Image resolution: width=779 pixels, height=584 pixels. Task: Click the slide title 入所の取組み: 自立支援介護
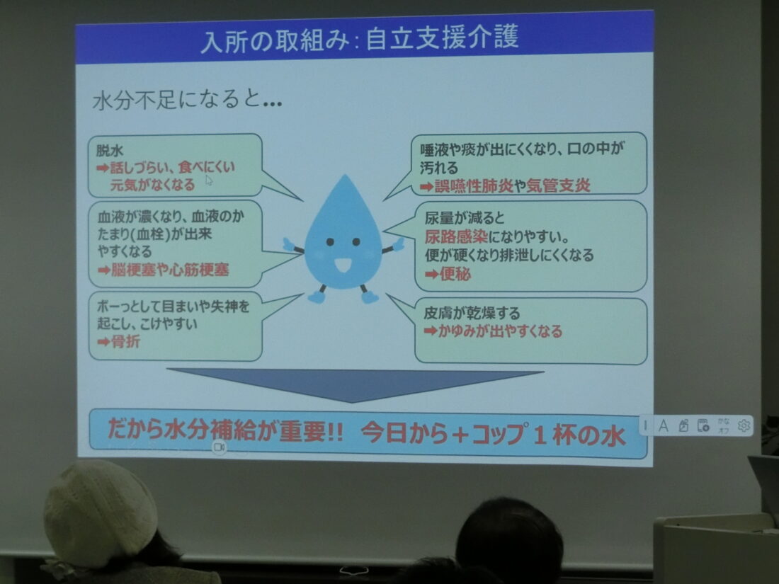pyautogui.click(x=360, y=39)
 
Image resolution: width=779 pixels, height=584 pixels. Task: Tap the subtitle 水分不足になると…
pyautogui.click(x=187, y=100)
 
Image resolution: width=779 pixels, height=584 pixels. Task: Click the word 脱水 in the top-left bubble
pyautogui.click(x=109, y=150)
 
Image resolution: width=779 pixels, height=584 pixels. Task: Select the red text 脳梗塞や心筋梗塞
pyautogui.click(x=170, y=270)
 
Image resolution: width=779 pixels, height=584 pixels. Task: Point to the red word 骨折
pyautogui.click(x=125, y=341)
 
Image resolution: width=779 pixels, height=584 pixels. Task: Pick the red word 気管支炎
pyautogui.click(x=558, y=185)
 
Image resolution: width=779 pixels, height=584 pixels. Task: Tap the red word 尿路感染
pyautogui.click(x=456, y=236)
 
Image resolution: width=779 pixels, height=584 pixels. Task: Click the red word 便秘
pyautogui.click(x=455, y=274)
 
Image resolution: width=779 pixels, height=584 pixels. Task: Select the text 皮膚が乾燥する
pyautogui.click(x=472, y=313)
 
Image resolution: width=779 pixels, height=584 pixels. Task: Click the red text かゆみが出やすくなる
pyautogui.click(x=500, y=331)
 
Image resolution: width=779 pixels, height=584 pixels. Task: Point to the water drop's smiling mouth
pyautogui.click(x=343, y=265)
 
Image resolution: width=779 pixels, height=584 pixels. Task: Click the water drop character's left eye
pyautogui.click(x=331, y=242)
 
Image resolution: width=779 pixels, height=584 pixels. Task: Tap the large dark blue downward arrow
pyautogui.click(x=353, y=384)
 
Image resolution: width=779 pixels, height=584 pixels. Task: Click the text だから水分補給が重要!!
pyautogui.click(x=225, y=430)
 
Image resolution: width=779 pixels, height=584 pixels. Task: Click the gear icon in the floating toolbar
pyautogui.click(x=743, y=425)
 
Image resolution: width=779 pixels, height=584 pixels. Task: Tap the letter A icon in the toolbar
pyautogui.click(x=664, y=425)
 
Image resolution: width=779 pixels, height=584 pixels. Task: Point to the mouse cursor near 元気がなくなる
pyautogui.click(x=209, y=181)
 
